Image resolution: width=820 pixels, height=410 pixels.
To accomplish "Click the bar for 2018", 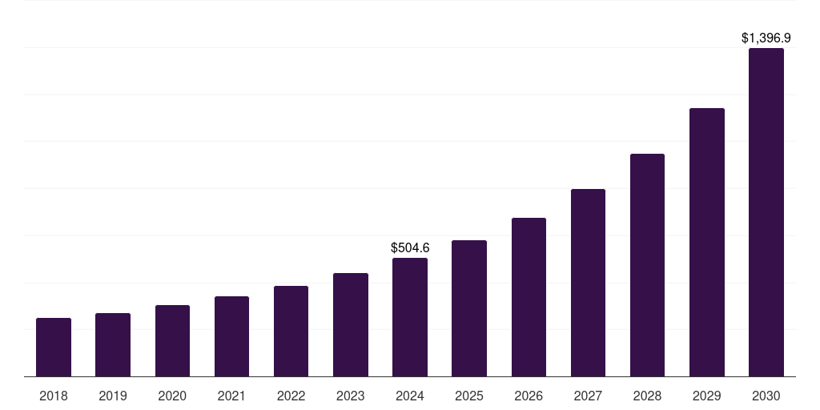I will click(54, 348).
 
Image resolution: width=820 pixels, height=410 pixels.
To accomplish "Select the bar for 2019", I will click(113, 345).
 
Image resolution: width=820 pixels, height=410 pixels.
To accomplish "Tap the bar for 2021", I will click(231, 336).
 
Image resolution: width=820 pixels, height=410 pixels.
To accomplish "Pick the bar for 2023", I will click(351, 325).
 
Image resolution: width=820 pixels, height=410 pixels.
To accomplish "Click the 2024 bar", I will click(410, 317).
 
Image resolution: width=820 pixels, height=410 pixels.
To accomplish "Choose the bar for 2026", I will click(529, 297).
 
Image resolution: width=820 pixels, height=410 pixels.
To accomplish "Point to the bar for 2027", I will click(588, 283).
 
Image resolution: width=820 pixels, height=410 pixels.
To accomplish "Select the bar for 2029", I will click(706, 243).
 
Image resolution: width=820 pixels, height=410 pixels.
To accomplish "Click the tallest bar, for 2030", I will click(766, 212).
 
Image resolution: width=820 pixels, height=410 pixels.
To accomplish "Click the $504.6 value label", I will click(410, 248).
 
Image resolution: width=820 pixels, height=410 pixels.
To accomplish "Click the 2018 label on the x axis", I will click(54, 396).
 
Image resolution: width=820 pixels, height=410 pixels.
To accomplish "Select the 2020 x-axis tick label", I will click(172, 396).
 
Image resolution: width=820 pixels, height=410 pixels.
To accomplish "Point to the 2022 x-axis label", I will click(291, 396).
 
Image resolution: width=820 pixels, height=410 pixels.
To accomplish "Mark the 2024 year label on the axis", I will click(410, 396).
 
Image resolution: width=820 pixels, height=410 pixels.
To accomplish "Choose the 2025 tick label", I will click(469, 396).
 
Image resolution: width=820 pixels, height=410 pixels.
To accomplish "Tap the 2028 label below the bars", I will click(647, 396).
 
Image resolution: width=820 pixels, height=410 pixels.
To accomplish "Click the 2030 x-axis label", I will click(766, 396).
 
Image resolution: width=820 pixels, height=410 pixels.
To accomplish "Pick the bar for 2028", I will click(647, 265).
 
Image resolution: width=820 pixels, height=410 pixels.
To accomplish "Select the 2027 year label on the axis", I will click(588, 396).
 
